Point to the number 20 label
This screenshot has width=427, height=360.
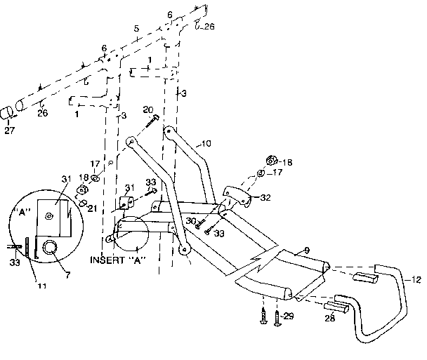coord(147,110)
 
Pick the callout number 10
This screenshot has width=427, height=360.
coord(206,143)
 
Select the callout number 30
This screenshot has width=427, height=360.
coord(191,221)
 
